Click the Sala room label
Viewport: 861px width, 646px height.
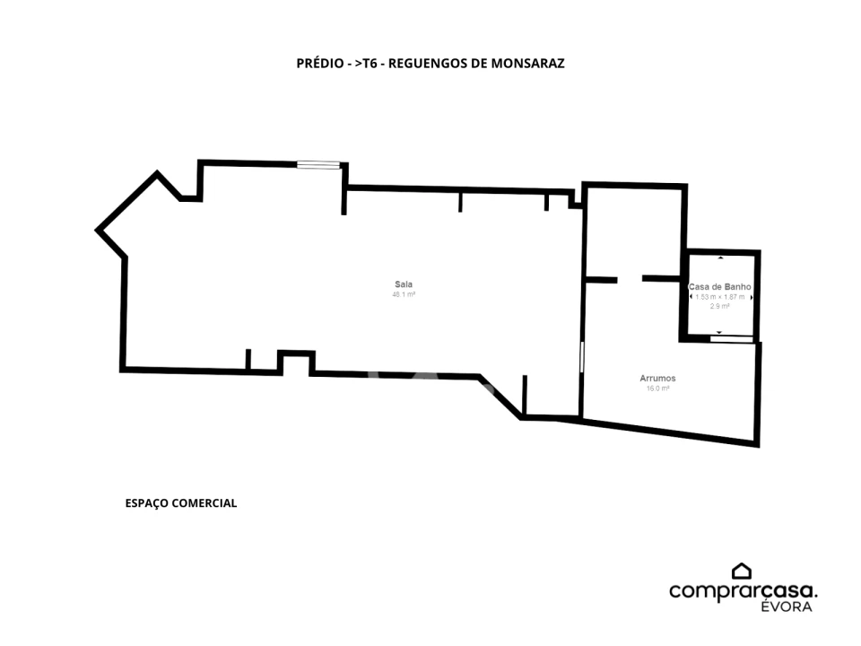pyautogui.click(x=404, y=284)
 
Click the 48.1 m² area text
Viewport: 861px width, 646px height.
pyautogui.click(x=404, y=294)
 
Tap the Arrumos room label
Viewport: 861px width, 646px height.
pyautogui.click(x=657, y=378)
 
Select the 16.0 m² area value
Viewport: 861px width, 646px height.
pyautogui.click(x=657, y=388)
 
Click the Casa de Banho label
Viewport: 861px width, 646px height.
pyautogui.click(x=720, y=287)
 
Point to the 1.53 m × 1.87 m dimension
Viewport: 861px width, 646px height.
pyautogui.click(x=720, y=297)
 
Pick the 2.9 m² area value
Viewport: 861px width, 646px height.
pyautogui.click(x=720, y=307)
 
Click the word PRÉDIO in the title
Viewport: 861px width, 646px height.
pyautogui.click(x=319, y=63)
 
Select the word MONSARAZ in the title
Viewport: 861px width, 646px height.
pyautogui.click(x=527, y=63)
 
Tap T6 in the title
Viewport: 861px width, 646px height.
pyautogui.click(x=370, y=63)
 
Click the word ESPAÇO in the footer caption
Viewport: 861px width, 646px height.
pyautogui.click(x=146, y=503)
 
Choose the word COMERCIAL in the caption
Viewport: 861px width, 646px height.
pyautogui.click(x=204, y=503)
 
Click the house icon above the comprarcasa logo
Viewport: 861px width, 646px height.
pyautogui.click(x=742, y=572)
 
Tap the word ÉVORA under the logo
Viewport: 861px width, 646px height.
pyautogui.click(x=787, y=607)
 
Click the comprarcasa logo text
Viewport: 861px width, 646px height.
pyautogui.click(x=743, y=591)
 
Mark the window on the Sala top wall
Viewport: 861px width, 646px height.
pyautogui.click(x=318, y=164)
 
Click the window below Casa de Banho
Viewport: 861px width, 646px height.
pyautogui.click(x=732, y=339)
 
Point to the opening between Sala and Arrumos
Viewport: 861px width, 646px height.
pyautogui.click(x=581, y=358)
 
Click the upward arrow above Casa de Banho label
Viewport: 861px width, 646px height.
pyautogui.click(x=720, y=258)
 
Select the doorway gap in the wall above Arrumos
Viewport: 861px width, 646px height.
pyautogui.click(x=630, y=280)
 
